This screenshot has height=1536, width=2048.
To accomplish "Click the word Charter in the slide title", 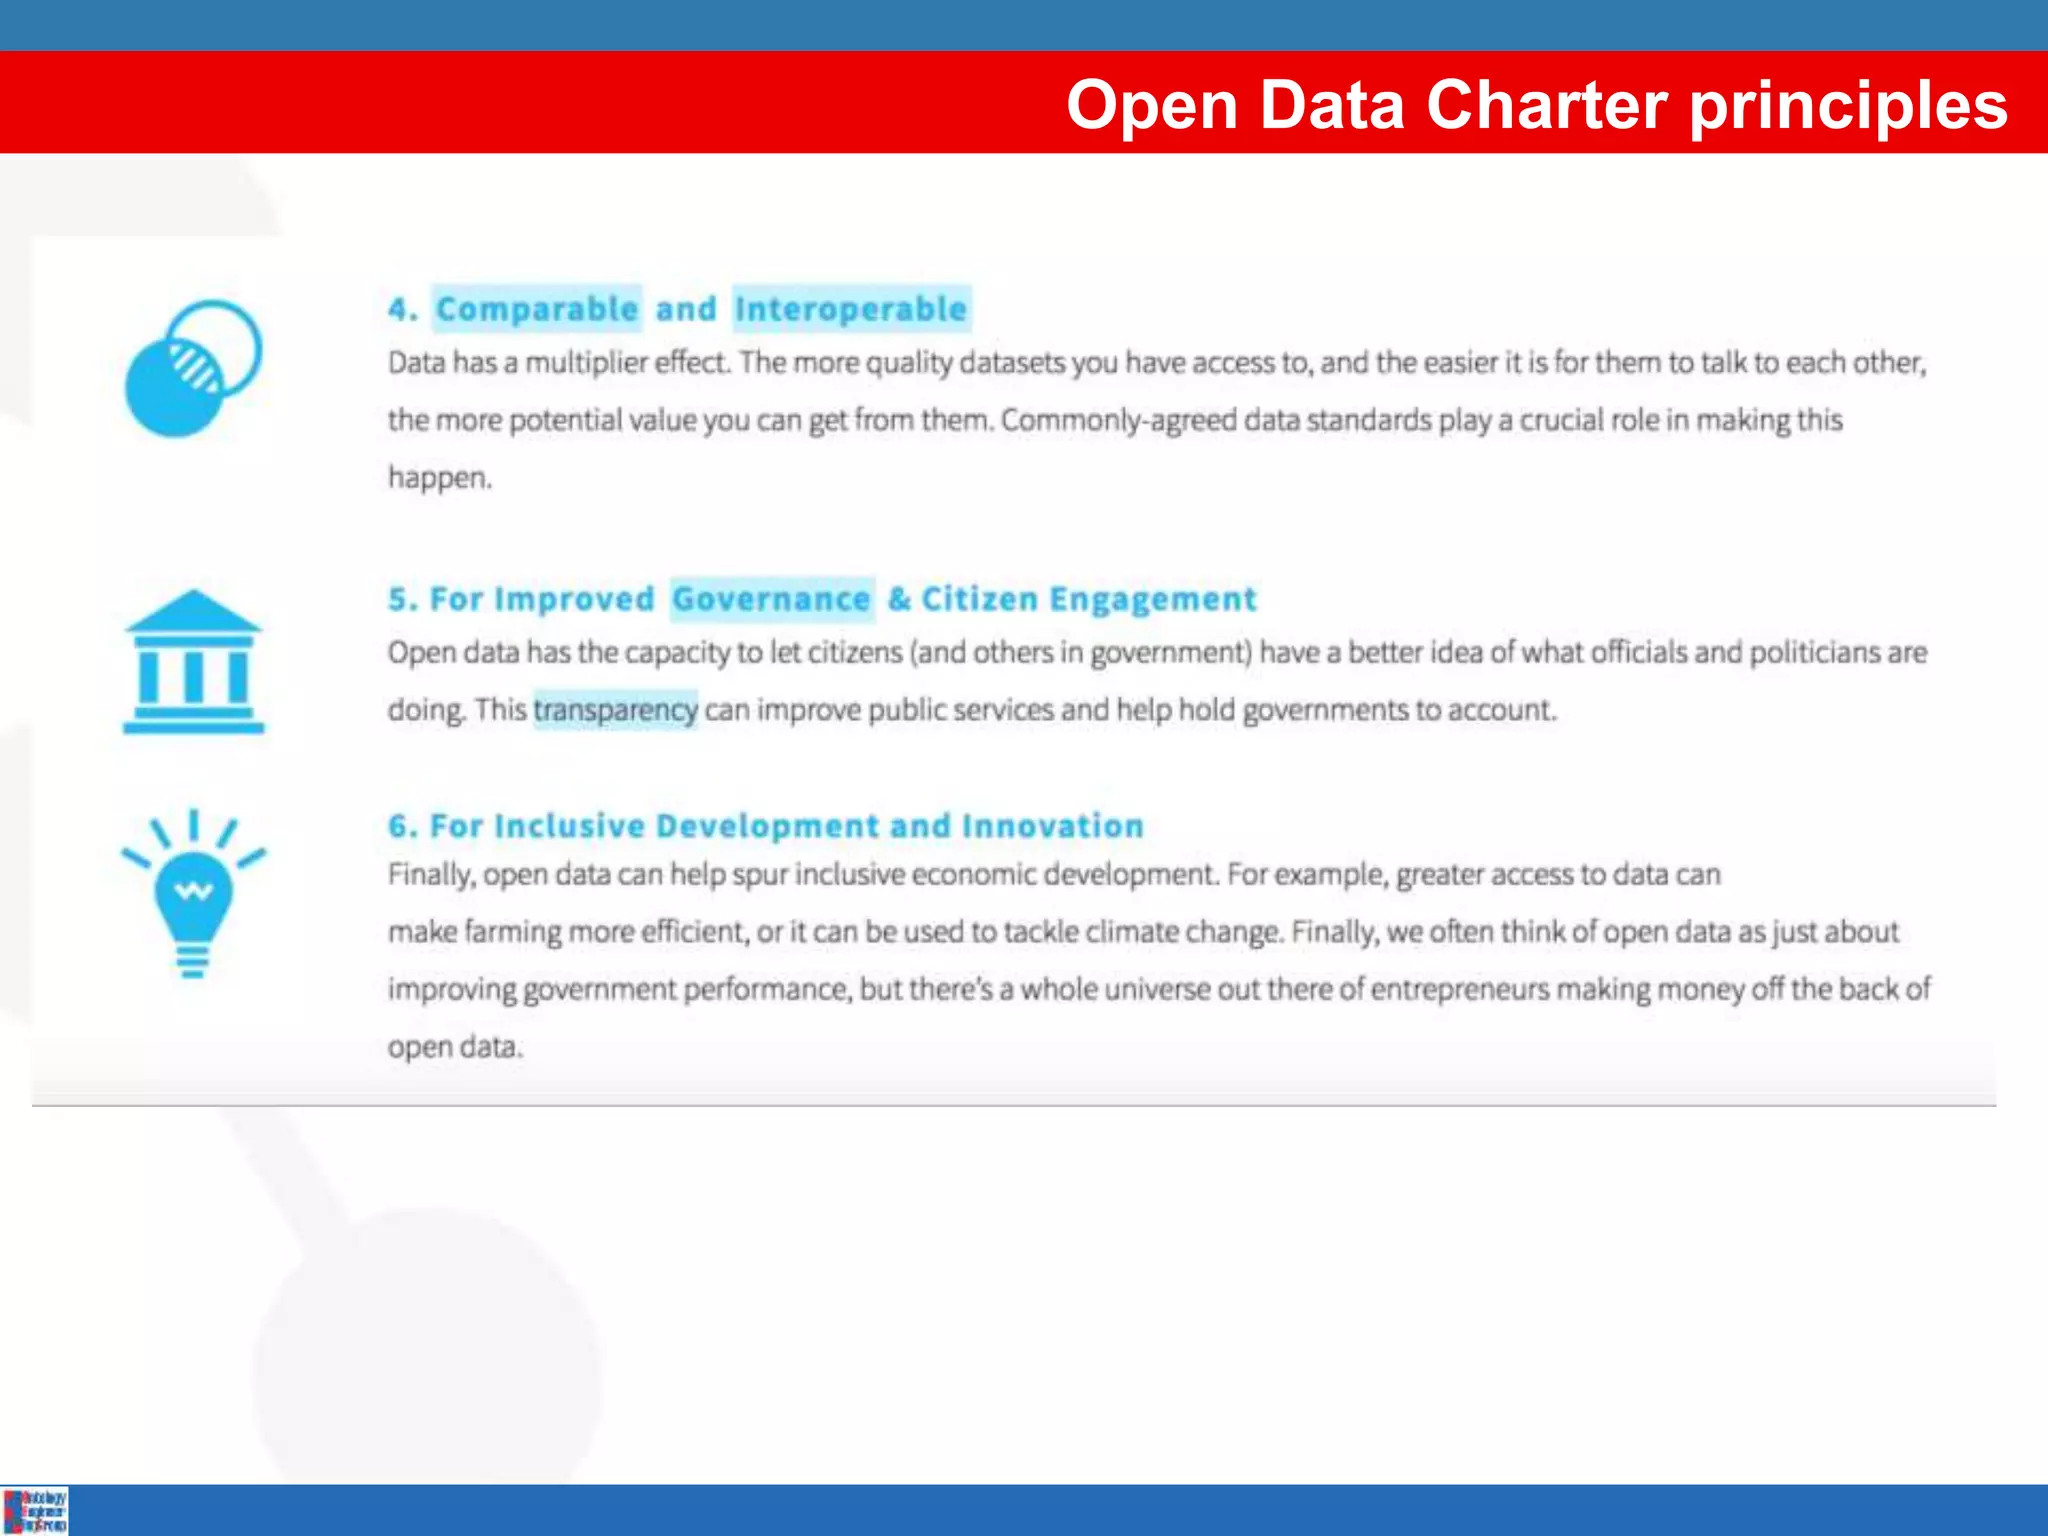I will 1546,105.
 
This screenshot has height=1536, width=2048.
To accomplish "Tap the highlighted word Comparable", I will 537,309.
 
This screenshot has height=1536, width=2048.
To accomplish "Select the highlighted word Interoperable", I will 851,309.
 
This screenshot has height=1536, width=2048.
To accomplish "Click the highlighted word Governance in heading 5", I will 771,599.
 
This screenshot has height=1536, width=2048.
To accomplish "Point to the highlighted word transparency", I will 615,710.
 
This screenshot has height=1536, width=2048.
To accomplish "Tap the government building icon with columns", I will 193,662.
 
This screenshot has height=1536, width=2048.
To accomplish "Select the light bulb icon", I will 193,893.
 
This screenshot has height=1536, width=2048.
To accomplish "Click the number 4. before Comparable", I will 402,309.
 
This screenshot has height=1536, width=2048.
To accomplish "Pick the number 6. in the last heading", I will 402,826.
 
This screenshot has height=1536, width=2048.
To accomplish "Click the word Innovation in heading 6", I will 1052,826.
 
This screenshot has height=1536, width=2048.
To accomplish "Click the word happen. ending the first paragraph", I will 440,478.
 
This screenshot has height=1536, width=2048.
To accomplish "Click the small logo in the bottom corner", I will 35,1510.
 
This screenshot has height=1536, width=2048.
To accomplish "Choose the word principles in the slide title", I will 1848,105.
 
